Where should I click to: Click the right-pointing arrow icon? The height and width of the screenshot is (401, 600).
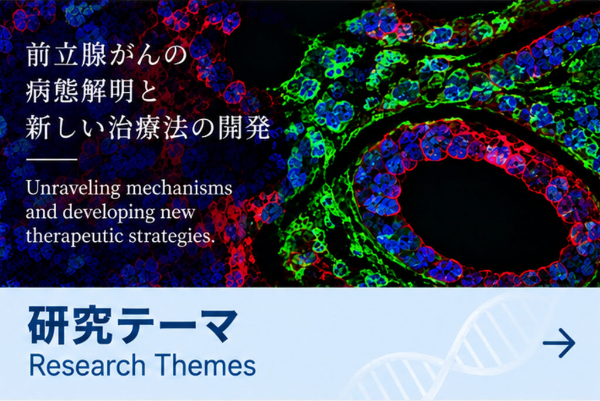[x=558, y=342]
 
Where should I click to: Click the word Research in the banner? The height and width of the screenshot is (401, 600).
[x=87, y=365]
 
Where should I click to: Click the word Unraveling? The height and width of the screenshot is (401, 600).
[x=72, y=189]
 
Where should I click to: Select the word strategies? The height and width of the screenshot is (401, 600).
[x=172, y=237]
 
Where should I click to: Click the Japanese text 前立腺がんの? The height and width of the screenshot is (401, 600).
[x=106, y=55]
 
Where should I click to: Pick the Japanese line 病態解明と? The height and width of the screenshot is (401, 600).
[x=92, y=92]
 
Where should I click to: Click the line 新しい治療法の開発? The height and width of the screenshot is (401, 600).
[x=148, y=128]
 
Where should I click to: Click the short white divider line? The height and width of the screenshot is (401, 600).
[x=52, y=160]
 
